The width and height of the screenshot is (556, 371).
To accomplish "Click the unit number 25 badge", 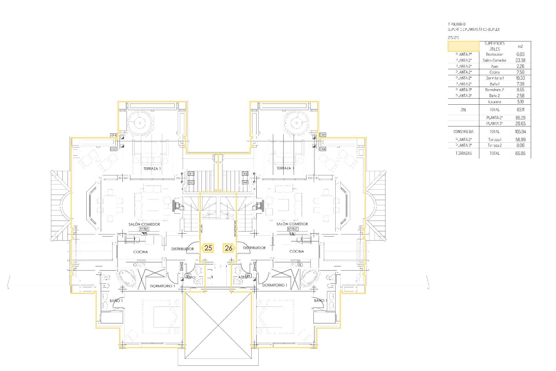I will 208,248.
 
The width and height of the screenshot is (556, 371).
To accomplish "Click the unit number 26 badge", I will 228,248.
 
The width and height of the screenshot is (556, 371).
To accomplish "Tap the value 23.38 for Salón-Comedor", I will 520,60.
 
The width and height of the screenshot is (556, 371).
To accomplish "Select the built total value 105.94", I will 520,132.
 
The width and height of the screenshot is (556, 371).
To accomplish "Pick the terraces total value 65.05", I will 520,153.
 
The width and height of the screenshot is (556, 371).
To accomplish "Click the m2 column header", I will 520,46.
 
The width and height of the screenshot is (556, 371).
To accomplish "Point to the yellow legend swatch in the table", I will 463,46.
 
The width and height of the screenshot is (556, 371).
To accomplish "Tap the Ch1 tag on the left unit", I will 113,135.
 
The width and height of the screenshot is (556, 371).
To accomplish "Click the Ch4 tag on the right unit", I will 323,149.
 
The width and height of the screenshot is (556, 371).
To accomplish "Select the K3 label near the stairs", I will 191,182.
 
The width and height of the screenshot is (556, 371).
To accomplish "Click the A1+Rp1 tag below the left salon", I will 144,229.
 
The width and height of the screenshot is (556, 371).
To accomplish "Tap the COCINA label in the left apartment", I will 140,252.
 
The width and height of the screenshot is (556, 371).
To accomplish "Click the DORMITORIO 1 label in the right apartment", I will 275,285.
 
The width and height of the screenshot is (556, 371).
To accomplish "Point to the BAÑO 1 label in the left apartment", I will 116,301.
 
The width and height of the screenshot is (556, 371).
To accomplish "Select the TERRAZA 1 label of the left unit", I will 152,168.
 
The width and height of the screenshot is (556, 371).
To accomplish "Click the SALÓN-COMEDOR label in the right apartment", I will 292,224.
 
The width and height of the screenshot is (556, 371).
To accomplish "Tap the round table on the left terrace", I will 140,123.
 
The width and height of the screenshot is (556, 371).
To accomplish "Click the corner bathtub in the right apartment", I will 310,278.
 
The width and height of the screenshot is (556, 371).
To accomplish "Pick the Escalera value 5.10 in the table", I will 520,102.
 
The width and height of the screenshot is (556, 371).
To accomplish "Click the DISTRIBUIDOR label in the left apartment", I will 182,249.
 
